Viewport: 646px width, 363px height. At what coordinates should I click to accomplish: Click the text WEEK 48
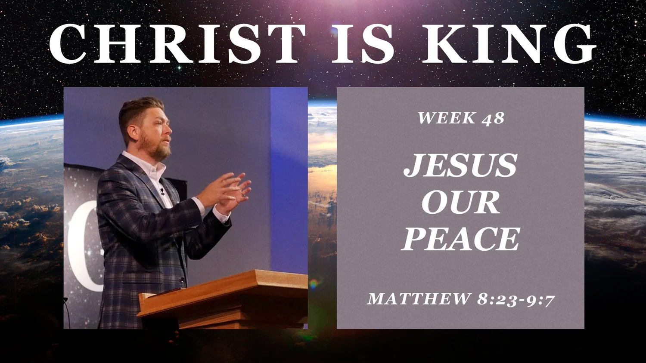(x=460, y=118)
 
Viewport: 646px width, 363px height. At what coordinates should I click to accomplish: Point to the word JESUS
(x=460, y=166)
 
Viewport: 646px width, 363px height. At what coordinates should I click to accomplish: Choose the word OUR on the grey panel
(x=460, y=202)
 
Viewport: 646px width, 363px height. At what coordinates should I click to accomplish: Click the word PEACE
(x=460, y=239)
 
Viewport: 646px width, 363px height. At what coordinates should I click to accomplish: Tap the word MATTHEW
(x=419, y=298)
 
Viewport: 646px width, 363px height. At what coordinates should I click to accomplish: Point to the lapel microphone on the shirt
(x=162, y=191)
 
